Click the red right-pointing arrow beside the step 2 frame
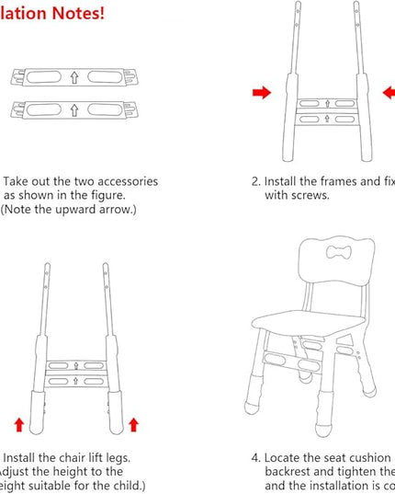(x=262, y=92)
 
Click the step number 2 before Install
(x=256, y=182)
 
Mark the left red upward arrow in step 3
(x=18, y=424)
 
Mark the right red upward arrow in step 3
(x=133, y=424)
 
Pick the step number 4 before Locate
(x=256, y=457)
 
